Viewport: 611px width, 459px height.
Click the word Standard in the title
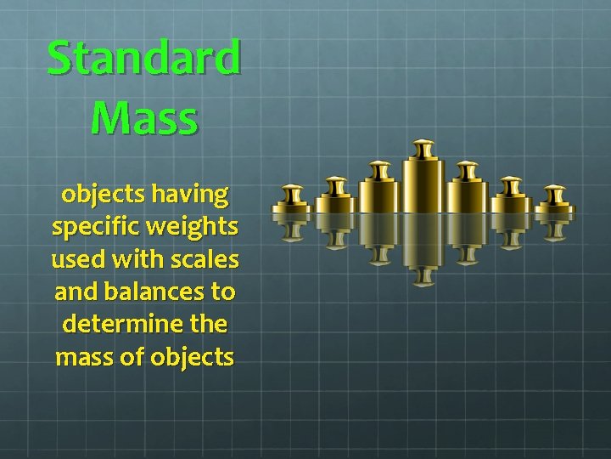pyautogui.click(x=143, y=58)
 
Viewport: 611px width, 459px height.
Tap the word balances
pyautogui.click(x=159, y=292)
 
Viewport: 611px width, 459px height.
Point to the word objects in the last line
pyautogui.click(x=193, y=356)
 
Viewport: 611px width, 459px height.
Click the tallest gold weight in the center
pyautogui.click(x=423, y=183)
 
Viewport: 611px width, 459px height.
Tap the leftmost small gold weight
pyautogui.click(x=294, y=201)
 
